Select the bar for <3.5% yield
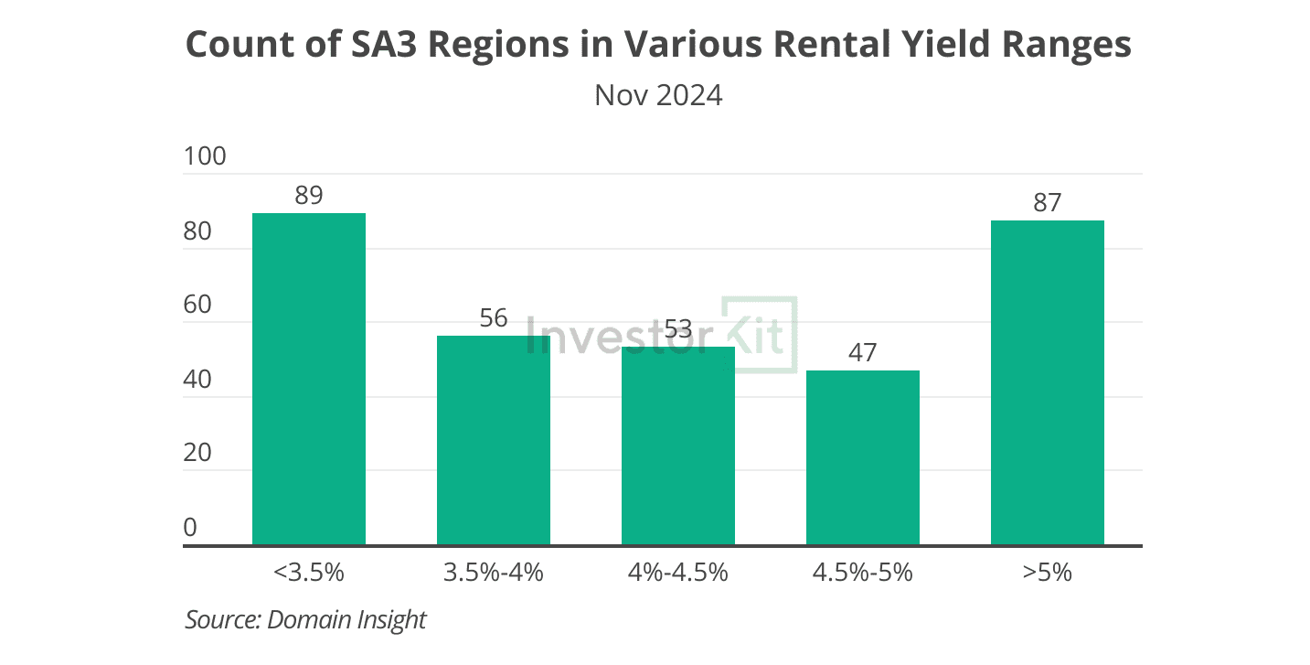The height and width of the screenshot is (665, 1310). (309, 380)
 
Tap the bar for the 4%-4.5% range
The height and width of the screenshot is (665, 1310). (678, 446)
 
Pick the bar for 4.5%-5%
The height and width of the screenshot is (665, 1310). (863, 457)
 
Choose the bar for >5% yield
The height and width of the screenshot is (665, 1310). (1048, 382)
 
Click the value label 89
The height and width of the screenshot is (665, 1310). (309, 196)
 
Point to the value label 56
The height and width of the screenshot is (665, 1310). (494, 318)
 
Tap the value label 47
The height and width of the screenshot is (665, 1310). (863, 353)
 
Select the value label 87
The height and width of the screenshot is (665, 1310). (1048, 203)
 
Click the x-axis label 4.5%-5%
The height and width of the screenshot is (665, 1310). (863, 574)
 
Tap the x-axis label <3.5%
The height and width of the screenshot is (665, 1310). (309, 574)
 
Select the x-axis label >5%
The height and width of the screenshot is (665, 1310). (1048, 574)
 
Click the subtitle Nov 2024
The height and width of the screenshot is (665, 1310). (658, 95)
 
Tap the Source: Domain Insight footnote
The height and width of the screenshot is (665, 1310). (306, 619)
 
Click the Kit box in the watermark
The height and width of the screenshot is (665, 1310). (760, 335)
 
